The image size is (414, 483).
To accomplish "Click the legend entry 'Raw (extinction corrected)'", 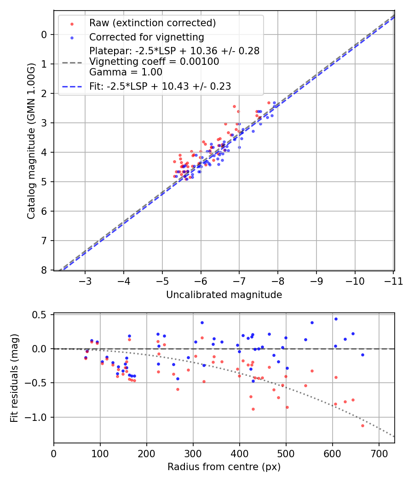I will coord(152,23).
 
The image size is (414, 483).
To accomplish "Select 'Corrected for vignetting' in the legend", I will coord(147,37).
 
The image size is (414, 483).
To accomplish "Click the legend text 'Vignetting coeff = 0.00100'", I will coord(154,62).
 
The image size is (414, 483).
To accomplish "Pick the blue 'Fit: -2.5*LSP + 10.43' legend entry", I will coord(160,86).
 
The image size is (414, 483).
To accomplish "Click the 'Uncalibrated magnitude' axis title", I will coord(224,295).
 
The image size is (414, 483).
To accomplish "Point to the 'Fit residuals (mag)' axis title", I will coord(14,378).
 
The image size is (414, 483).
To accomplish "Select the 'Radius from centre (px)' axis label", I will coord(224,467).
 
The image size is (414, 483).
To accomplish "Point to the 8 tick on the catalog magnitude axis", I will coord(45,270).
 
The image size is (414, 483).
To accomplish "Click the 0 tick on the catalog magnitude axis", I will coord(45,34).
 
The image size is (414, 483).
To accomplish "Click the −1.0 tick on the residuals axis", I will coord(38,417).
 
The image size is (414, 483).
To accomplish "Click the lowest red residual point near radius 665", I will coord(362,425).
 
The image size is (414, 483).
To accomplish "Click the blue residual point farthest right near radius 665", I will coord(362,355).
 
